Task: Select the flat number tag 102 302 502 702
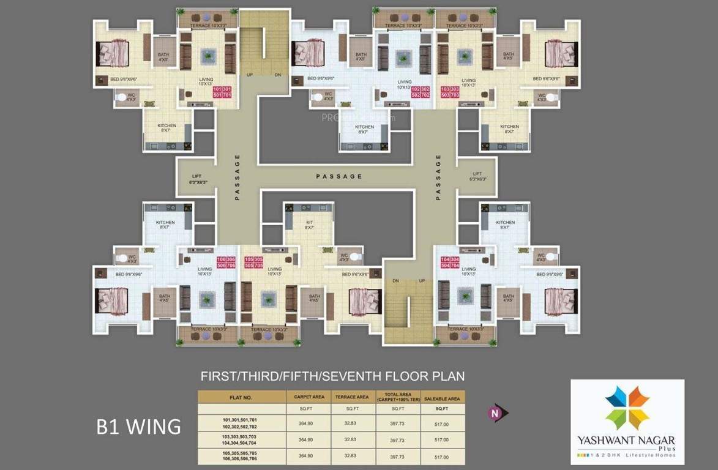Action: [x=421, y=92]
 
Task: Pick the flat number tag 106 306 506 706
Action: [x=226, y=263]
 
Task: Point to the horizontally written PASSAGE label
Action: [x=338, y=176]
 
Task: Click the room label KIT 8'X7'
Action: [x=309, y=225]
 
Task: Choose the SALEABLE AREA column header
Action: [x=441, y=397]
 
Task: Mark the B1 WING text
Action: [x=138, y=426]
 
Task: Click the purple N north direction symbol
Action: [x=493, y=413]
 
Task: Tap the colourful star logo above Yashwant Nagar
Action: [x=627, y=408]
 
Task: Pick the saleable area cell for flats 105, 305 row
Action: [x=441, y=457]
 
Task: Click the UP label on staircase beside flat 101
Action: [x=249, y=75]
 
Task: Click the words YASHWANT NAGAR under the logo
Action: [x=627, y=441]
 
